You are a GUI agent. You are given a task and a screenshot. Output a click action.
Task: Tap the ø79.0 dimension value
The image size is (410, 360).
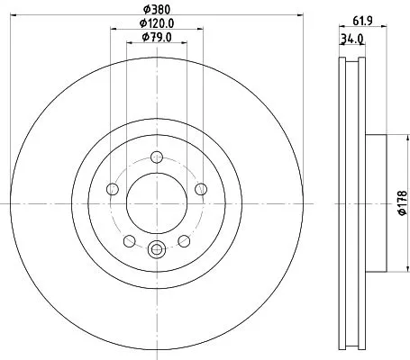[x=157, y=37]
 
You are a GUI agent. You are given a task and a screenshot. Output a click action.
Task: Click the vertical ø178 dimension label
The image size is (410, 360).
[x=403, y=202]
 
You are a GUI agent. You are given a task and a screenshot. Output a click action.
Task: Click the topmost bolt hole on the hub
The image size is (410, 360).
[x=157, y=156]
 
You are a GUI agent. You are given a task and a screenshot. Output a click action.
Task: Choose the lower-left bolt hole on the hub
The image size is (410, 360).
[x=129, y=240]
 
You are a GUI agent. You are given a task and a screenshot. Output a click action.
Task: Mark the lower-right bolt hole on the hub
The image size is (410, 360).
[x=184, y=240]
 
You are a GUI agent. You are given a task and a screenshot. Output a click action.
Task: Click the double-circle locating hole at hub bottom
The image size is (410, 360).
[x=157, y=249]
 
